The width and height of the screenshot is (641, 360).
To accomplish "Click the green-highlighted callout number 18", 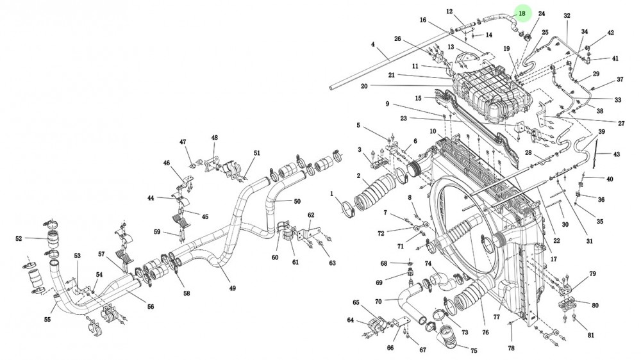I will click(x=522, y=13).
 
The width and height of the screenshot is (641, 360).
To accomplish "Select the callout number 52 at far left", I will click(x=19, y=239).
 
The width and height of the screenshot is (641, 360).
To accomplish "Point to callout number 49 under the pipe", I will click(x=232, y=288).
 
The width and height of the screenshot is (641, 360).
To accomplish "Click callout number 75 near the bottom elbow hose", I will click(x=474, y=350).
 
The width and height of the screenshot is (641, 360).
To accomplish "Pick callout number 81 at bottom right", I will click(x=590, y=335).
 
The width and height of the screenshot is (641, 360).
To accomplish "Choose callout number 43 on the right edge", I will click(x=617, y=154).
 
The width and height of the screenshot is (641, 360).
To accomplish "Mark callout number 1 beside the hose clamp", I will click(x=331, y=193).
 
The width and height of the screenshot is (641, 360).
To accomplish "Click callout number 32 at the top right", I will click(x=567, y=15).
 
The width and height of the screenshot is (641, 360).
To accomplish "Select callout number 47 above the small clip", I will click(x=183, y=142).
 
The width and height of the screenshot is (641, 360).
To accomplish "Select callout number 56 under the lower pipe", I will click(x=151, y=306).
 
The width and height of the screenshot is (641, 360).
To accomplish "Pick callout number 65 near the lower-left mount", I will click(x=356, y=302).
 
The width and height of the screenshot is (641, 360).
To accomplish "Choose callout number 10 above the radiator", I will click(x=433, y=131).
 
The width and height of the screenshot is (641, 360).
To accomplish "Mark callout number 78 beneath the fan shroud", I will click(x=511, y=348).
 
